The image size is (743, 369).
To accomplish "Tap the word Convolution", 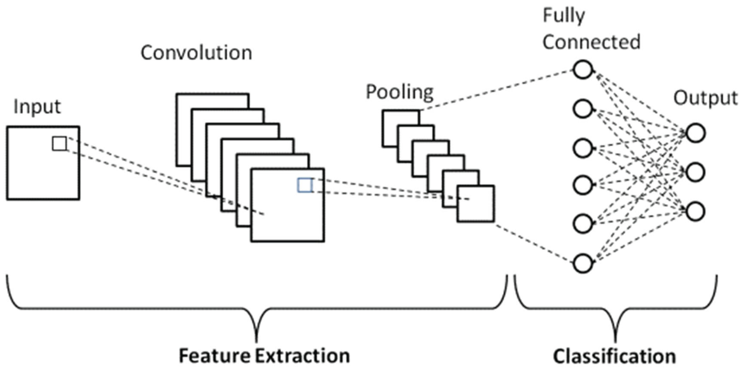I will (196, 53).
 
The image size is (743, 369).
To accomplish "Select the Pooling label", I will (400, 92).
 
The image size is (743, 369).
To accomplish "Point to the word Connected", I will (591, 42).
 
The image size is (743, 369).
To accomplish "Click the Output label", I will (705, 98).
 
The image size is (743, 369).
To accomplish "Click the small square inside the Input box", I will (59, 143).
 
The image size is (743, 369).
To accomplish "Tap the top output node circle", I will (696, 133).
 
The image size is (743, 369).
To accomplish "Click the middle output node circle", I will (696, 172).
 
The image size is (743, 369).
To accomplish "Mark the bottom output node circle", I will (696, 211).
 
